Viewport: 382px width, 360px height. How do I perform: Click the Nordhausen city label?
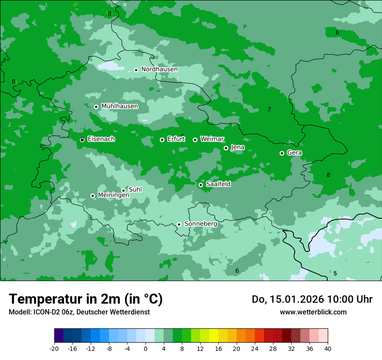click(x=159, y=69)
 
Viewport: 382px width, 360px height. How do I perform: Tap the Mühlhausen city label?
click(x=119, y=106)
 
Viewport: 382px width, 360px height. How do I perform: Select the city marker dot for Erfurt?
click(x=162, y=140)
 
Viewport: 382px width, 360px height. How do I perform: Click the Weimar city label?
click(x=212, y=139)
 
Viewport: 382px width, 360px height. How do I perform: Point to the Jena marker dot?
click(x=226, y=148)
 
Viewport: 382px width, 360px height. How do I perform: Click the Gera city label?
click(x=294, y=153)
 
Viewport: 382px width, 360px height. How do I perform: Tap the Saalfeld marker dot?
click(x=201, y=185)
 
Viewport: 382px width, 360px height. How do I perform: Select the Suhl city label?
click(x=135, y=190)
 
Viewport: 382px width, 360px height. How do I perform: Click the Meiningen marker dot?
click(x=92, y=196)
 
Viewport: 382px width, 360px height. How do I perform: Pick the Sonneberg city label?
click(x=201, y=224)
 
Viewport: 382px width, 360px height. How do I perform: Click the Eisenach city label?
click(x=101, y=139)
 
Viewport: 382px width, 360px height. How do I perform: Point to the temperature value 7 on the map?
click(x=269, y=109)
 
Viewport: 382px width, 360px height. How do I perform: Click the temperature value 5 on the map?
click(x=335, y=273)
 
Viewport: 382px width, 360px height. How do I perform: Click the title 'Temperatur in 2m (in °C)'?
click(x=86, y=299)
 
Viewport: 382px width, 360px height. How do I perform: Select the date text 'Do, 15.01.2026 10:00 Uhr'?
click(x=312, y=299)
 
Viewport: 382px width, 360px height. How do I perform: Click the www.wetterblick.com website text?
click(x=313, y=312)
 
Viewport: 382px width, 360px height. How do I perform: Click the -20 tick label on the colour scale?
click(x=54, y=348)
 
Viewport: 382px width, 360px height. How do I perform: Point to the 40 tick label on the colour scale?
click(x=327, y=348)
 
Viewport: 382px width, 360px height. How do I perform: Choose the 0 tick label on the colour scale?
click(x=145, y=348)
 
